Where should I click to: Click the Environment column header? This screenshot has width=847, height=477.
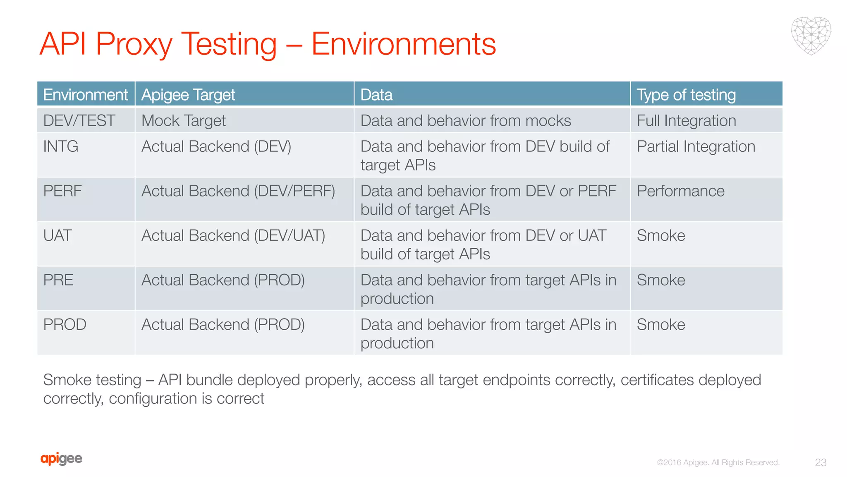click(x=85, y=95)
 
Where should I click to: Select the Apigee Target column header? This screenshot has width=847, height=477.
click(x=188, y=95)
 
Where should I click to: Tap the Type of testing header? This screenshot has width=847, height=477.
click(x=686, y=95)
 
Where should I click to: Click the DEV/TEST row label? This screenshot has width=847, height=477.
click(x=79, y=120)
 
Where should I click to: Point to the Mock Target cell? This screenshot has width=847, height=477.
click(x=183, y=120)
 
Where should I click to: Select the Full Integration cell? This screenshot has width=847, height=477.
click(x=686, y=120)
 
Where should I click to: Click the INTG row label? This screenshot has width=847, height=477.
click(x=60, y=146)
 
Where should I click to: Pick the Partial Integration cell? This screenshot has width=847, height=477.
click(x=696, y=146)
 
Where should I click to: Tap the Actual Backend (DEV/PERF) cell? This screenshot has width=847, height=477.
click(x=238, y=191)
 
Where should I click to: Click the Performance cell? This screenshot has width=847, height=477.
click(x=680, y=191)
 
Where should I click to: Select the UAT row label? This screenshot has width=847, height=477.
click(x=57, y=235)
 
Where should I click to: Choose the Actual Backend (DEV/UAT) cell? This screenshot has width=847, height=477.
click(x=233, y=235)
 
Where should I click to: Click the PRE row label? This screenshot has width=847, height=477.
click(x=58, y=280)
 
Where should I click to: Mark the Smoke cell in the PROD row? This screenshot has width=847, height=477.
click(x=660, y=325)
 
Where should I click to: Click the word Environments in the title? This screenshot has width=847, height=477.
click(x=403, y=44)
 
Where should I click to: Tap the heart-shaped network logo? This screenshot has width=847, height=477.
click(x=811, y=36)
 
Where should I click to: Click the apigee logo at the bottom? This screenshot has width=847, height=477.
click(x=61, y=458)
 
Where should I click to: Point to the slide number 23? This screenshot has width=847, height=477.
click(x=821, y=463)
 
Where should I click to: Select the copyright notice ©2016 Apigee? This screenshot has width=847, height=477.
click(x=718, y=463)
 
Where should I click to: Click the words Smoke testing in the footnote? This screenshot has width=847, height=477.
click(x=92, y=380)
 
